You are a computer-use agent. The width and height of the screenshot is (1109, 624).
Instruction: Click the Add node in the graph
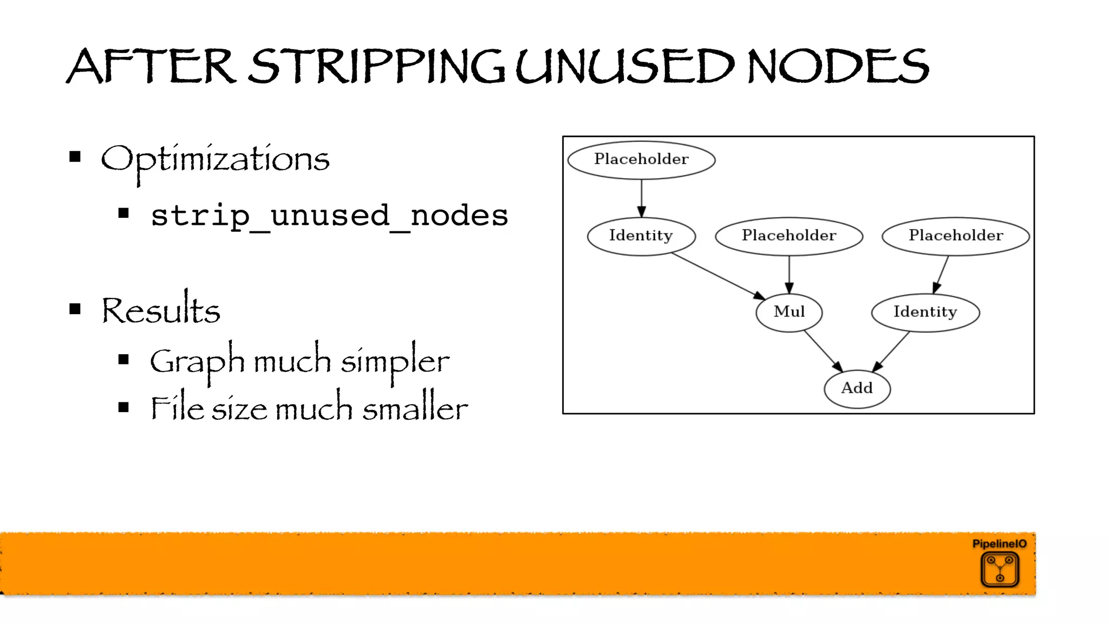pyautogui.click(x=857, y=388)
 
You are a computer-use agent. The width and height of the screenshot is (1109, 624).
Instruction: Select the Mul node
pyautogui.click(x=789, y=312)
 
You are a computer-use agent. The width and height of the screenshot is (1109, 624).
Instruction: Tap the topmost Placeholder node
pyautogui.click(x=641, y=159)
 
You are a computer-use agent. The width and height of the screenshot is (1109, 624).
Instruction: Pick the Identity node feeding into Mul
pyautogui.click(x=641, y=236)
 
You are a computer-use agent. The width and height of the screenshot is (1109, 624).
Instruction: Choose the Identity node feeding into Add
pyautogui.click(x=925, y=312)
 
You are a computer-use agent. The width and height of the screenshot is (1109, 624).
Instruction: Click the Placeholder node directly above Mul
pyautogui.click(x=789, y=236)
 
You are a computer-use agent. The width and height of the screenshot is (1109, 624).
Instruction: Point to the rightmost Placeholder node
pyautogui.click(x=956, y=236)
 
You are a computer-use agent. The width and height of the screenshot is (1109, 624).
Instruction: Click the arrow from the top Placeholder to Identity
pyautogui.click(x=641, y=198)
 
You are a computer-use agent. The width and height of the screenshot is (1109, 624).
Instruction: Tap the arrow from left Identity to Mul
pyautogui.click(x=717, y=276)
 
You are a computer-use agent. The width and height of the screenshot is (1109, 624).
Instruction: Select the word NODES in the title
pyautogui.click(x=838, y=67)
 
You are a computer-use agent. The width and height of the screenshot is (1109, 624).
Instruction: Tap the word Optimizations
pyautogui.click(x=215, y=159)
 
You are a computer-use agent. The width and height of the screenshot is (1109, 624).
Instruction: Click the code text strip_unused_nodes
pyautogui.click(x=329, y=216)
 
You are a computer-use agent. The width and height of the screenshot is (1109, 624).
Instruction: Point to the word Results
pyautogui.click(x=161, y=310)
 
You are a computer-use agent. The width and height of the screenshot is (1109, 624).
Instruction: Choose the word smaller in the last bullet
pyautogui.click(x=415, y=408)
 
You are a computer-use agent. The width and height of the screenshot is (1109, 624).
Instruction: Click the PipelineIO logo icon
pyautogui.click(x=1000, y=569)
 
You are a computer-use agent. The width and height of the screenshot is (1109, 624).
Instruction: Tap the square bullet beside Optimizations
pyautogui.click(x=75, y=157)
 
